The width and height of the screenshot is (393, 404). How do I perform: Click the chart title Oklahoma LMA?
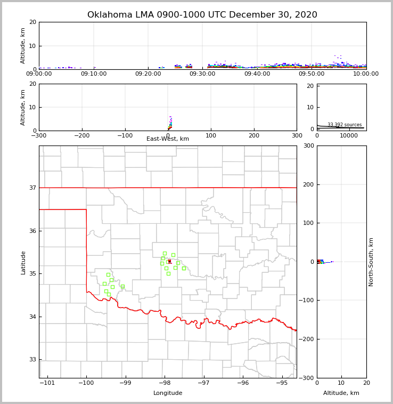[202, 15]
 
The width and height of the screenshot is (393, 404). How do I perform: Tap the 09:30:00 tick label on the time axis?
[202, 74]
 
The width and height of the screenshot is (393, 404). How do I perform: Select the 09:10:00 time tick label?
[94, 74]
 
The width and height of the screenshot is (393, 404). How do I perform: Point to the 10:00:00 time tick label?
[366, 74]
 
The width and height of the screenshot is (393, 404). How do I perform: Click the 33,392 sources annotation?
[345, 125]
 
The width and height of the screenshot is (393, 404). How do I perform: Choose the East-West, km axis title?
[168, 139]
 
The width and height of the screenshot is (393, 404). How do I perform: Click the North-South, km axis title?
[371, 262]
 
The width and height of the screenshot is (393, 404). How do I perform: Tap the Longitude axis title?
[168, 393]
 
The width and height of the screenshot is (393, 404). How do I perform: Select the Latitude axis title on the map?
[23, 262]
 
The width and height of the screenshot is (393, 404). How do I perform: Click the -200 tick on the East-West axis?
[81, 135]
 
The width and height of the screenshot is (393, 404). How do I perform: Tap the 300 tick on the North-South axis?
[307, 146]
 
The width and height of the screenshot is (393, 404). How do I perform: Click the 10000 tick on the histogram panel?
[349, 135]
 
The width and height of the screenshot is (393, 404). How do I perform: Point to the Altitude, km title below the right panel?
[341, 393]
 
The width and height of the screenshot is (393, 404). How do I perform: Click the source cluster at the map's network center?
[169, 261]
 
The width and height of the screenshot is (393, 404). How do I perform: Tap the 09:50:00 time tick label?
[312, 74]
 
